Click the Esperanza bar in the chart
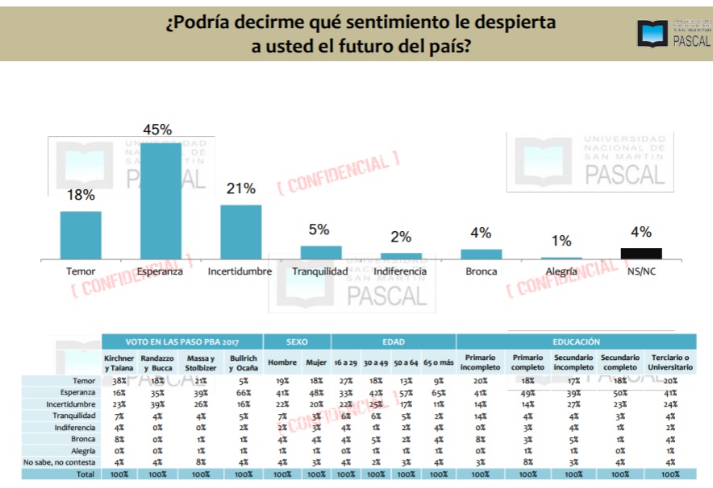click(x=161, y=201)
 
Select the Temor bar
click(x=81, y=234)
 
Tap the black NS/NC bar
click(x=641, y=253)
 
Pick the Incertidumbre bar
click(x=240, y=231)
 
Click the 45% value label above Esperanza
click(x=157, y=130)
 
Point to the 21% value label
click(x=241, y=189)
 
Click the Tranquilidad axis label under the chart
click(x=320, y=271)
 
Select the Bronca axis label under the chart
click(x=481, y=271)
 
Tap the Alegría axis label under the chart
click(x=561, y=271)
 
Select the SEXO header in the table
click(x=298, y=341)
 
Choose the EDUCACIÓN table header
click(x=577, y=341)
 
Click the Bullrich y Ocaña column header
click(x=243, y=362)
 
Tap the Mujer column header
click(x=316, y=362)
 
